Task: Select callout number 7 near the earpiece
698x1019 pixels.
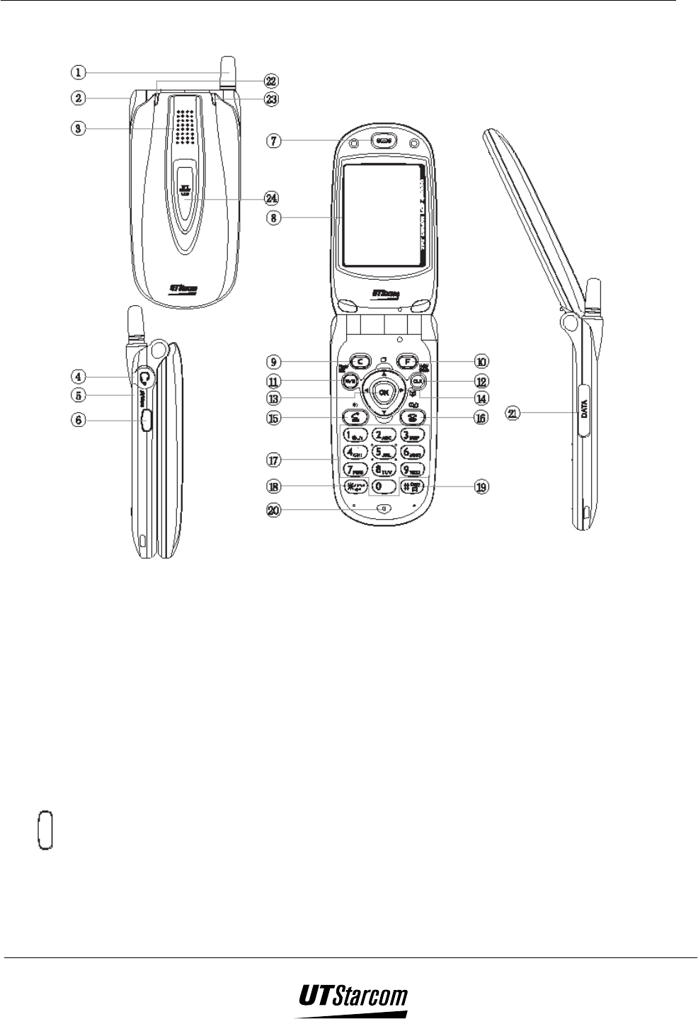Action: (273, 141)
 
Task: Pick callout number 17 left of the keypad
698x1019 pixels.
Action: (273, 460)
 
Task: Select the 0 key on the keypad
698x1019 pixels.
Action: (384, 486)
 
